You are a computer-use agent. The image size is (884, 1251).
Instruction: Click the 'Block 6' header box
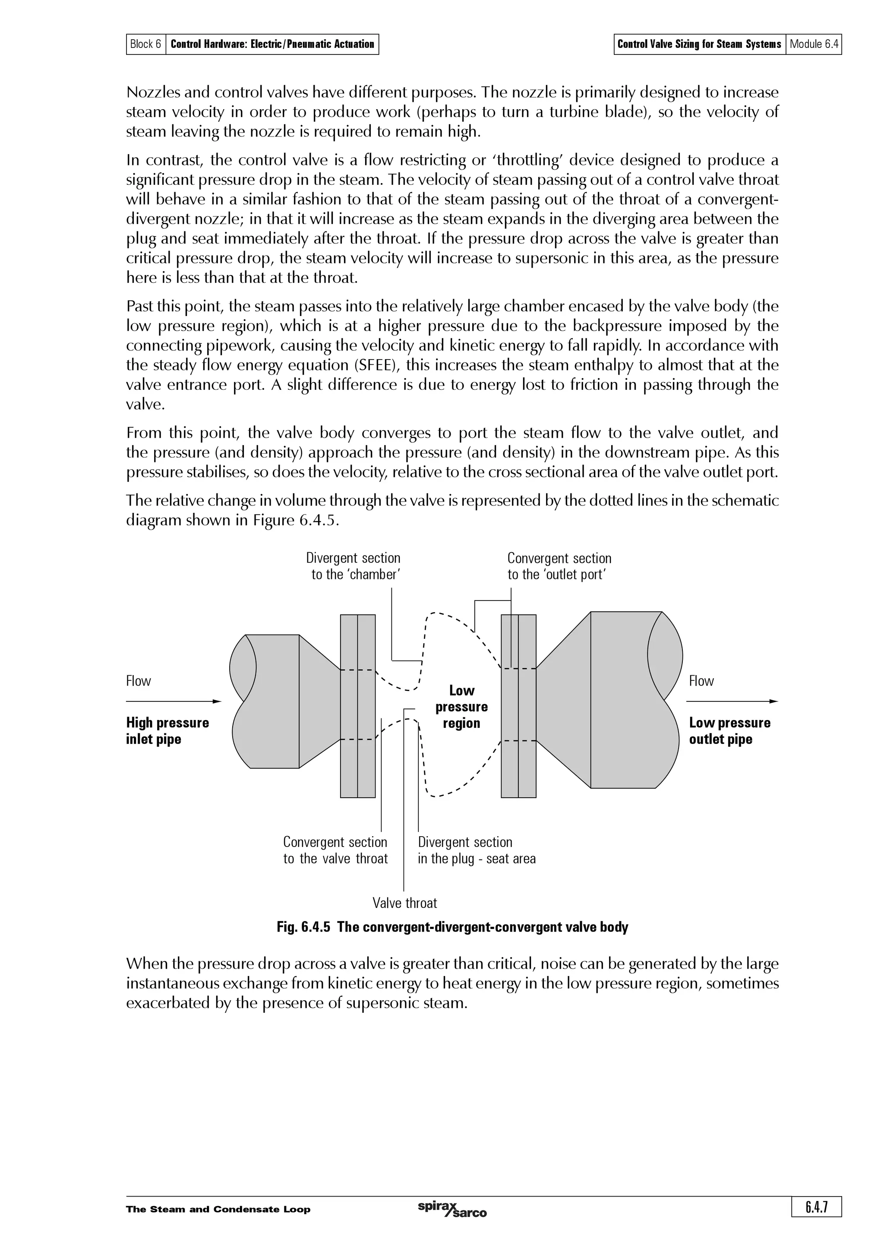point(145,44)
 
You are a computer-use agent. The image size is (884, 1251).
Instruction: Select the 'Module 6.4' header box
point(814,44)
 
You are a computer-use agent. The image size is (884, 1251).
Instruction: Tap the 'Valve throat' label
point(405,903)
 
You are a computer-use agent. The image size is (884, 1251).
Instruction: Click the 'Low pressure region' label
point(461,707)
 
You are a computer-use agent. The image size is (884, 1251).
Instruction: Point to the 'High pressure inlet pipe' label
point(167,731)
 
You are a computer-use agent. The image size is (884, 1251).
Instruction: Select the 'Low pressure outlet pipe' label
point(729,731)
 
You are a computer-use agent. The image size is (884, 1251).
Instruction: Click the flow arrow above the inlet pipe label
point(173,701)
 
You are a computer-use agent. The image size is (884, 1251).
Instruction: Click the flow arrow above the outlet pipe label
point(732,701)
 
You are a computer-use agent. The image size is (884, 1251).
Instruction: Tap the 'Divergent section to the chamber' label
point(354,566)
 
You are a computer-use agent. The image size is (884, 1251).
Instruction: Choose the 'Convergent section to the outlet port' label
point(559,566)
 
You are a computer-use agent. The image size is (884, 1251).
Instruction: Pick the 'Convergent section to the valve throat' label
point(335,850)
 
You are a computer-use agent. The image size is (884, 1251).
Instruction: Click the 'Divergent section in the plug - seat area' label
point(476,850)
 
